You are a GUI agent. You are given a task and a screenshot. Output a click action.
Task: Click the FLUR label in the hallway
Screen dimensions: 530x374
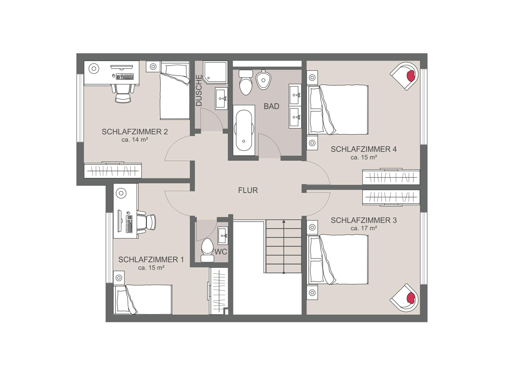(x=248, y=190)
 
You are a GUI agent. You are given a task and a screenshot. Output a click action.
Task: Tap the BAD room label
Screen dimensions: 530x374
(x=271, y=106)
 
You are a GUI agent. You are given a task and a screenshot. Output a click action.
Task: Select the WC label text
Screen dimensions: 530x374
(x=221, y=252)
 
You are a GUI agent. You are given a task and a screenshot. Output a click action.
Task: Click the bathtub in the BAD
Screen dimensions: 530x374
(x=244, y=130)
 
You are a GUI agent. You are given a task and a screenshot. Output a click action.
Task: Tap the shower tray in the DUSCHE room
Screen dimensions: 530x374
(x=215, y=72)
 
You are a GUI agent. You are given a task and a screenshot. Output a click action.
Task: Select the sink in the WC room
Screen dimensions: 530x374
(x=223, y=235)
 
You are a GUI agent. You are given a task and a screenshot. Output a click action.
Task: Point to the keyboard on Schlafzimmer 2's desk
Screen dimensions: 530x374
(x=125, y=77)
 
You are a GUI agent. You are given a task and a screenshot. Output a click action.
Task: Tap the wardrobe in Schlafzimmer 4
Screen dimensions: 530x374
(x=391, y=176)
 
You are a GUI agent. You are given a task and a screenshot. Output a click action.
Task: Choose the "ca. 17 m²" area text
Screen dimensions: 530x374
(x=364, y=228)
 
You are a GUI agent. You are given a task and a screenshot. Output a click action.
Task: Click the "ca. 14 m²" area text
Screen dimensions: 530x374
(x=135, y=139)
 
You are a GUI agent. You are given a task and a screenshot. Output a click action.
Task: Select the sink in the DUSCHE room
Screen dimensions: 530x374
(x=221, y=98)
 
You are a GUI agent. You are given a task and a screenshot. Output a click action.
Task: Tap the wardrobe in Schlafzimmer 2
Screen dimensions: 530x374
(x=113, y=170)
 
